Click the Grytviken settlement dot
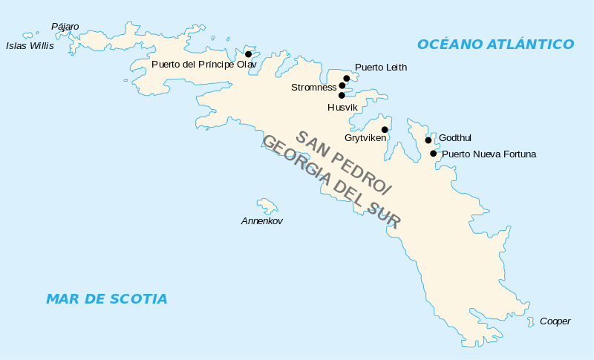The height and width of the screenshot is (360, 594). pyautogui.click(x=385, y=129)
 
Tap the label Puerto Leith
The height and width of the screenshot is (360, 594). pyautogui.click(x=380, y=68)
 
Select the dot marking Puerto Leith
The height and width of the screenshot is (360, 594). pyautogui.click(x=346, y=78)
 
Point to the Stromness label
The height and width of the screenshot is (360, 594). pyautogui.click(x=313, y=88)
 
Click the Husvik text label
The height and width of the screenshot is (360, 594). pyautogui.click(x=342, y=108)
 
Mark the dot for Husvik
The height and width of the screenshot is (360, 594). pyautogui.click(x=342, y=95)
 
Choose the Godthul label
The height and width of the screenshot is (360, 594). pyautogui.click(x=455, y=138)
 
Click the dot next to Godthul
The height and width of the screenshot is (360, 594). pyautogui.click(x=428, y=140)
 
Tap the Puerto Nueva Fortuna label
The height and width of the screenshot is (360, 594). pyautogui.click(x=489, y=154)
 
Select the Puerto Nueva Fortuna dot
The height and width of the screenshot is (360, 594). pyautogui.click(x=434, y=154)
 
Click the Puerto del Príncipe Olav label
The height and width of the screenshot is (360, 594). pyautogui.click(x=203, y=65)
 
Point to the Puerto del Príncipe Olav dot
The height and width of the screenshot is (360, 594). pyautogui.click(x=248, y=53)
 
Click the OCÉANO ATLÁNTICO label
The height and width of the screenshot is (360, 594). pyautogui.click(x=495, y=45)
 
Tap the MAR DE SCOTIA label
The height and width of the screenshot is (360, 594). pyautogui.click(x=106, y=299)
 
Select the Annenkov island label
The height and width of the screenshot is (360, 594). pyautogui.click(x=261, y=221)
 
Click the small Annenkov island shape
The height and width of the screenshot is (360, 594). pyautogui.click(x=267, y=205)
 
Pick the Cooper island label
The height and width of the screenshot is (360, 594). pyautogui.click(x=555, y=321)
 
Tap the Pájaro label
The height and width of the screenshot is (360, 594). pyautogui.click(x=65, y=27)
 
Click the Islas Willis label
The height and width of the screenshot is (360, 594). pyautogui.click(x=30, y=45)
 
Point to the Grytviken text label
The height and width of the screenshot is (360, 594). pyautogui.click(x=365, y=138)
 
